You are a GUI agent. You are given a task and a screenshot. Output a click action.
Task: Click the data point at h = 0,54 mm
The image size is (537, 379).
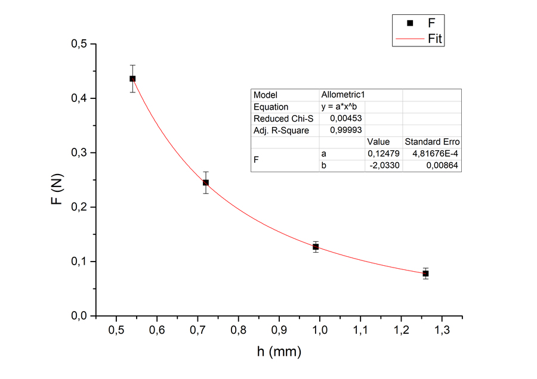click(x=132, y=79)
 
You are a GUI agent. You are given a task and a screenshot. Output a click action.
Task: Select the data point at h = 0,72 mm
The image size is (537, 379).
click(x=206, y=182)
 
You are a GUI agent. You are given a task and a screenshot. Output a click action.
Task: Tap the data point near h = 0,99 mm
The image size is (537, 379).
click(x=316, y=247)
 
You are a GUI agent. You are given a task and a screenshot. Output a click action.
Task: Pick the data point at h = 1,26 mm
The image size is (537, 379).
click(x=425, y=274)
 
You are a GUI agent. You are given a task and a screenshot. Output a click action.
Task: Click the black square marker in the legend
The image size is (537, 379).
click(x=410, y=23)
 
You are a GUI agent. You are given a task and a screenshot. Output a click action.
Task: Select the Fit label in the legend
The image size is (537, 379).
click(x=435, y=39)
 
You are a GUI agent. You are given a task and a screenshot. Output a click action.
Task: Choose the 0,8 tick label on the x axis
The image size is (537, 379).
click(x=238, y=330)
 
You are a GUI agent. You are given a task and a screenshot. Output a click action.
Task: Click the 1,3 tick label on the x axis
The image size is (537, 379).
click(x=442, y=330)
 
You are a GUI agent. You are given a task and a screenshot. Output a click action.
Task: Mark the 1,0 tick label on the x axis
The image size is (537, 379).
click(x=320, y=330)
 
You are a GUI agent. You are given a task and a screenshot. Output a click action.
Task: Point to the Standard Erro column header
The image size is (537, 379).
click(x=432, y=142)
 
